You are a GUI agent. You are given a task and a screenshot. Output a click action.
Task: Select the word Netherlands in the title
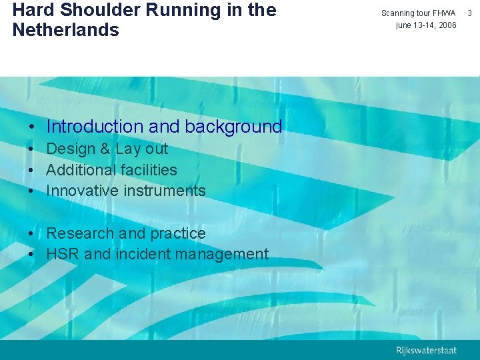pos(65,31)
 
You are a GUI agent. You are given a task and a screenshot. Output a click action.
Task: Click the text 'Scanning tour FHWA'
pos(418,13)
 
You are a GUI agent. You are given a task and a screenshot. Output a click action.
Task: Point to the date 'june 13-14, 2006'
pos(426,25)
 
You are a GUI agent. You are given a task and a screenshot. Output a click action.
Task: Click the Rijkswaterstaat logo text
pos(426,351)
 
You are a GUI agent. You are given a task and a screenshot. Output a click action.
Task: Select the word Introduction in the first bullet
pos(95,127)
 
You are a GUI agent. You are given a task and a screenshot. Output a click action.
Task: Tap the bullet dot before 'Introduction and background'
pos(32,127)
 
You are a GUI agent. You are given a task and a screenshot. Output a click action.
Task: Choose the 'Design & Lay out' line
pos(107,149)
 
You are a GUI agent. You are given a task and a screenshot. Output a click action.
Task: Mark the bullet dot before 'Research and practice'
pos(32,234)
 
